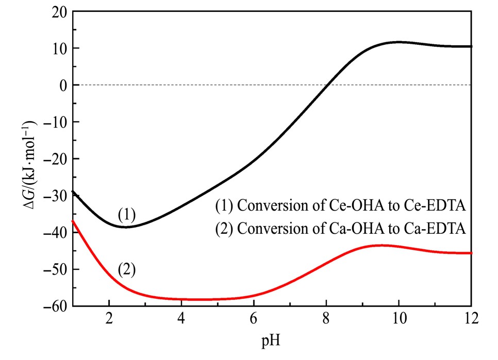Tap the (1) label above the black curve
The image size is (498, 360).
(126, 214)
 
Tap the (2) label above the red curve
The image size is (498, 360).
(126, 269)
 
